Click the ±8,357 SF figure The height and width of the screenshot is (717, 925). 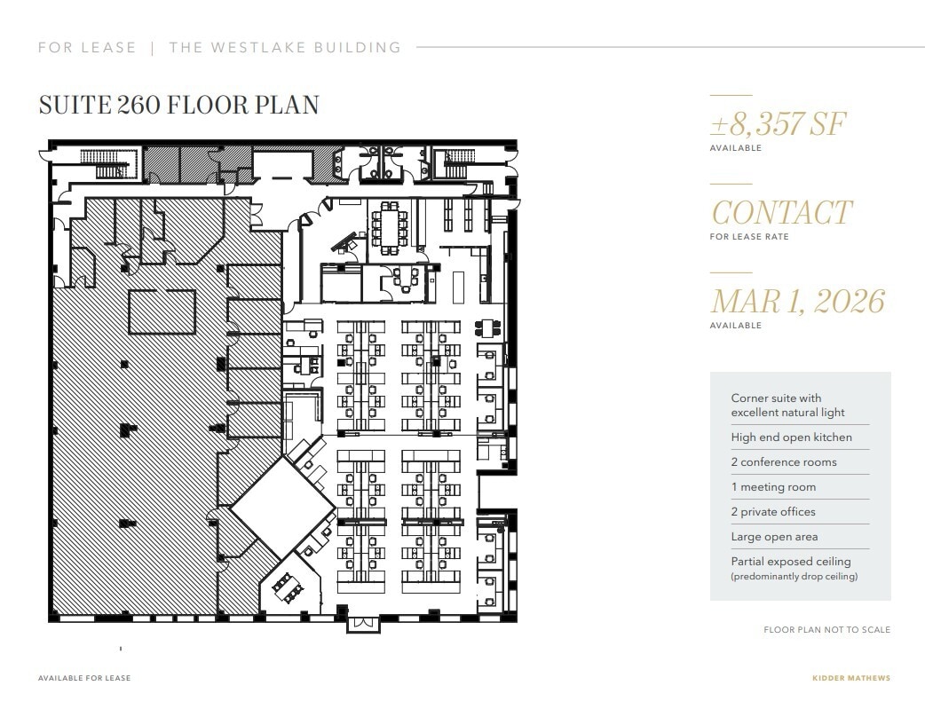pos(778,124)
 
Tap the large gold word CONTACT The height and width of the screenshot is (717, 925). pos(781,213)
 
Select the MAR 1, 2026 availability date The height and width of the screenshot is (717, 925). pos(797,302)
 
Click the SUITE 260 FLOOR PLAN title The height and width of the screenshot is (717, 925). pos(178,105)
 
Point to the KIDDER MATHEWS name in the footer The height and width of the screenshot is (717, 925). pos(851,678)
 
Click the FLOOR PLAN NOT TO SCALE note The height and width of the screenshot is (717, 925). pos(826,630)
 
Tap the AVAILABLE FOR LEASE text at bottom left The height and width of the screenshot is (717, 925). pos(84,678)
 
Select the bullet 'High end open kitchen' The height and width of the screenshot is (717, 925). pos(791,437)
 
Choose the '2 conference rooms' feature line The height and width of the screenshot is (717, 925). pos(783,462)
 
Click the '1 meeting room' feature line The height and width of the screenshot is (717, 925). pos(772,487)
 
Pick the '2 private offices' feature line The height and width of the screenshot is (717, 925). pos(772,512)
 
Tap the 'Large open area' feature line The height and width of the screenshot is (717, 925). pos(774,537)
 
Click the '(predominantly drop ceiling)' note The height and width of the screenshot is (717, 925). pos(794,577)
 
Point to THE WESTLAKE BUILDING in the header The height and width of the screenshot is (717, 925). pos(285,48)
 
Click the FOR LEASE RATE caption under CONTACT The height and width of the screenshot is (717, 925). pos(749,237)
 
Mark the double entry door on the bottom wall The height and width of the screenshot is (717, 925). pos(361,623)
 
